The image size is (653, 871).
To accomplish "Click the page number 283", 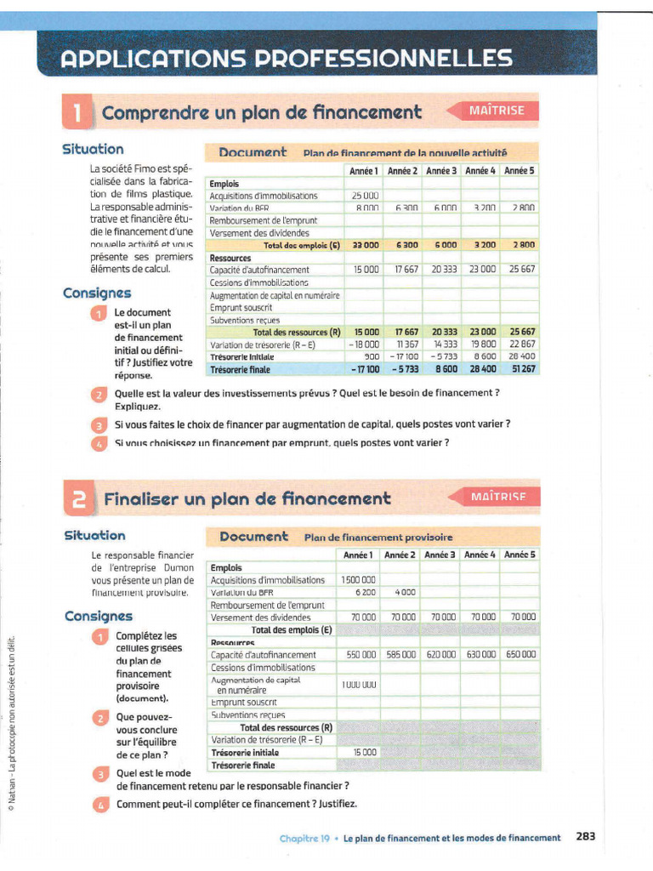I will tap(585, 836).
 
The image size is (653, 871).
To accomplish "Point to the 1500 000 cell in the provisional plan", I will tap(358, 580).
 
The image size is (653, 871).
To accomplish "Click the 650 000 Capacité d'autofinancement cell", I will tap(520, 655).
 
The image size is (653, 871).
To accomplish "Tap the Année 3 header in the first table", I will tap(442, 171).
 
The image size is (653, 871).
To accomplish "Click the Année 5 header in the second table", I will tap(520, 555).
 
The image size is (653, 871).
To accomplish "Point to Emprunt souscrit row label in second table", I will tap(239, 703).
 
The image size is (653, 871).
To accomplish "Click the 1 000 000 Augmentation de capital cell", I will tap(358, 685).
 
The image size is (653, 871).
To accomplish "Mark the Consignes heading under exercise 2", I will tap(98, 616).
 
